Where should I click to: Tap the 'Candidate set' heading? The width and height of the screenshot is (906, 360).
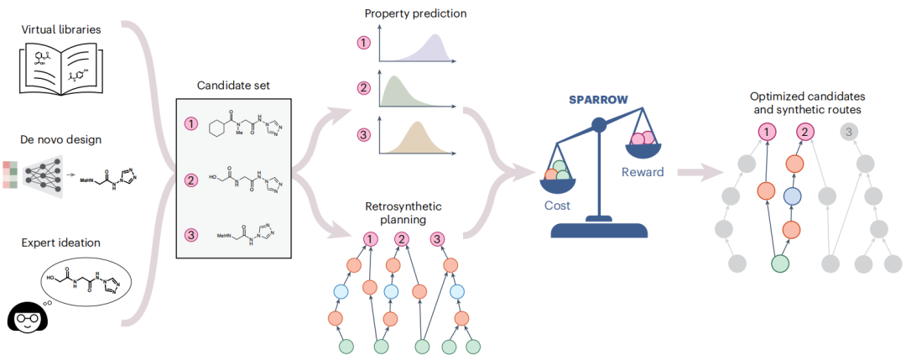click(x=232, y=85)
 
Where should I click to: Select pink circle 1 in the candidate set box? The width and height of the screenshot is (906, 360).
click(x=190, y=124)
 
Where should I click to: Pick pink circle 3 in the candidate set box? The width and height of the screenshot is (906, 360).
click(x=190, y=234)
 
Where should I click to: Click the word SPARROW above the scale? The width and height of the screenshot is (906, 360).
click(x=598, y=98)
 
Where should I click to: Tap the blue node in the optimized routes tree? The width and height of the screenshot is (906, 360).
click(x=791, y=196)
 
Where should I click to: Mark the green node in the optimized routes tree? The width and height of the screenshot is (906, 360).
click(x=779, y=263)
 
